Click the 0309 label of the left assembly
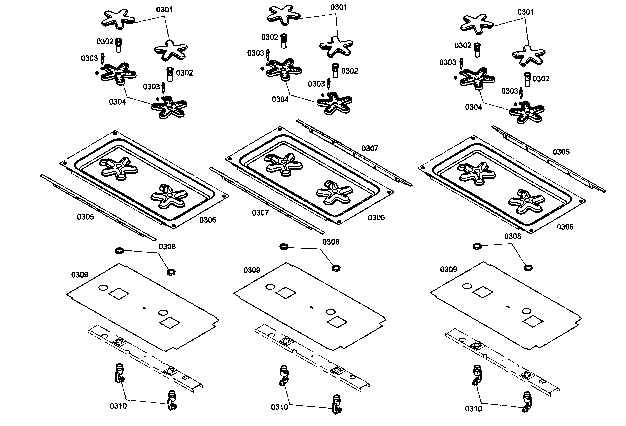[x=80, y=275]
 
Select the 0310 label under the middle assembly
[x=279, y=407]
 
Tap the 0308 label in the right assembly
[x=512, y=236]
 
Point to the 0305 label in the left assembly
[x=85, y=217]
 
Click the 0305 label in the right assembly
[x=561, y=152]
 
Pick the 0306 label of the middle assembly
[x=376, y=218]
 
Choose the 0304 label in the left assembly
[x=117, y=102]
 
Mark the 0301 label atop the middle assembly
[x=339, y=7]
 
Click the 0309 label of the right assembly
[x=448, y=269]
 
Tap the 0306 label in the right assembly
[x=565, y=227]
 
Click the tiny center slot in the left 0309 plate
[x=144, y=308]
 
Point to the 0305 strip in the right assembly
[x=548, y=159]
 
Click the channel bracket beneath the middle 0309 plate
[x=312, y=357]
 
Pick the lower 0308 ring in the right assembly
[x=527, y=267]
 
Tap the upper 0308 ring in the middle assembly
[x=283, y=247]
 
